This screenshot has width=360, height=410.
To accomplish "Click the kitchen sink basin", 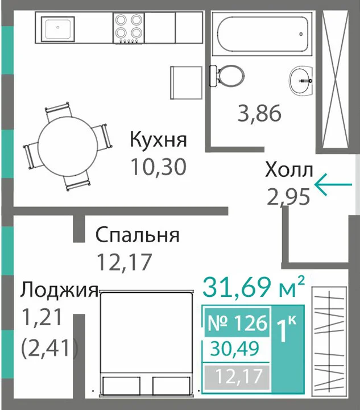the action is [x=58, y=28].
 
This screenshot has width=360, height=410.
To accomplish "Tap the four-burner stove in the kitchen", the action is [x=129, y=28].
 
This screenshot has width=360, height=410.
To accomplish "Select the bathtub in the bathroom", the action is [x=262, y=34].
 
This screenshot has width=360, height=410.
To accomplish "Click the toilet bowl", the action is [x=227, y=75].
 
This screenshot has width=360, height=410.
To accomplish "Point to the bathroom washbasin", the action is [x=301, y=81].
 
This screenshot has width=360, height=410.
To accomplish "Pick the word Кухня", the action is [x=159, y=140].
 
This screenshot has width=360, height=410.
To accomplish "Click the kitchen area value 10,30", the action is [x=159, y=167].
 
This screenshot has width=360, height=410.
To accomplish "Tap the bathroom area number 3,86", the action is [x=259, y=114].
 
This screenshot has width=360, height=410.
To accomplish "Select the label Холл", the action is [x=289, y=171].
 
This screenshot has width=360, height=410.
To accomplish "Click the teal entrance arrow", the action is [x=333, y=185].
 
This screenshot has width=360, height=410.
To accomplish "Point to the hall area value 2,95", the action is [x=288, y=197].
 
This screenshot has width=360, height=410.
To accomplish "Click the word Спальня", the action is [x=138, y=235].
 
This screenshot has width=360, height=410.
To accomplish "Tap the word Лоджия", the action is [x=59, y=290].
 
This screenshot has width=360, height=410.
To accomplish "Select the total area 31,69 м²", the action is [x=254, y=287].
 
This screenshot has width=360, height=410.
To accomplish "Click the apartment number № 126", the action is [x=237, y=322].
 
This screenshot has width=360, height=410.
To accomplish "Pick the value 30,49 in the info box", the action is [x=234, y=348].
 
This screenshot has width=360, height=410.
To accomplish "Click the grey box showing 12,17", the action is [x=237, y=376].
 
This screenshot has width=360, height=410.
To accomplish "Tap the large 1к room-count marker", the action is [x=286, y=329].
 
